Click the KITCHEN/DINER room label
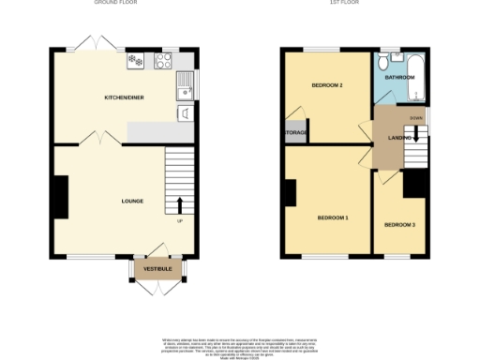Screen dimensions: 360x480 point(123,97)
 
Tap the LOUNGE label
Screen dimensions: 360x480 point(131,201)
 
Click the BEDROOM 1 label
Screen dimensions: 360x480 point(332,217)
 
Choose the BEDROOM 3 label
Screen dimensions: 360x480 point(399,225)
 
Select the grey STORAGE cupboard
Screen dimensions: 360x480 point(295,133)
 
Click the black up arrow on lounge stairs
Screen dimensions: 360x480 point(179,204)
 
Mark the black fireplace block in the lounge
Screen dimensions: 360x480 point(60,198)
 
